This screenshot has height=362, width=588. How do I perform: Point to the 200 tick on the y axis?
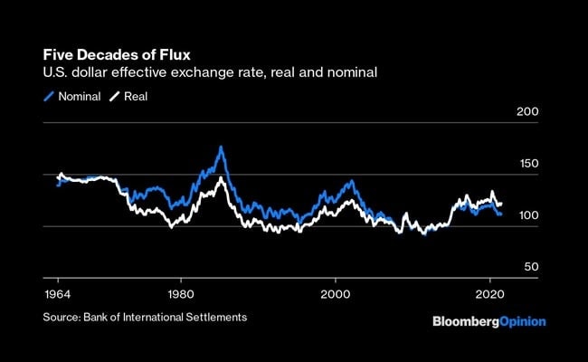click(x=526, y=111)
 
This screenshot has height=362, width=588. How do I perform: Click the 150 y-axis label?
click(x=526, y=164)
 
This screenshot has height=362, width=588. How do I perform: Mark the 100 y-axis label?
click(x=526, y=215)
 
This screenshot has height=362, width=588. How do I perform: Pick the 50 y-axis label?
click(x=529, y=267)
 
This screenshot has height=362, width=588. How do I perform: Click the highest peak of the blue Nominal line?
click(x=221, y=147)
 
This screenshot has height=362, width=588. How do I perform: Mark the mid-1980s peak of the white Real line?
click(x=221, y=178)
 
